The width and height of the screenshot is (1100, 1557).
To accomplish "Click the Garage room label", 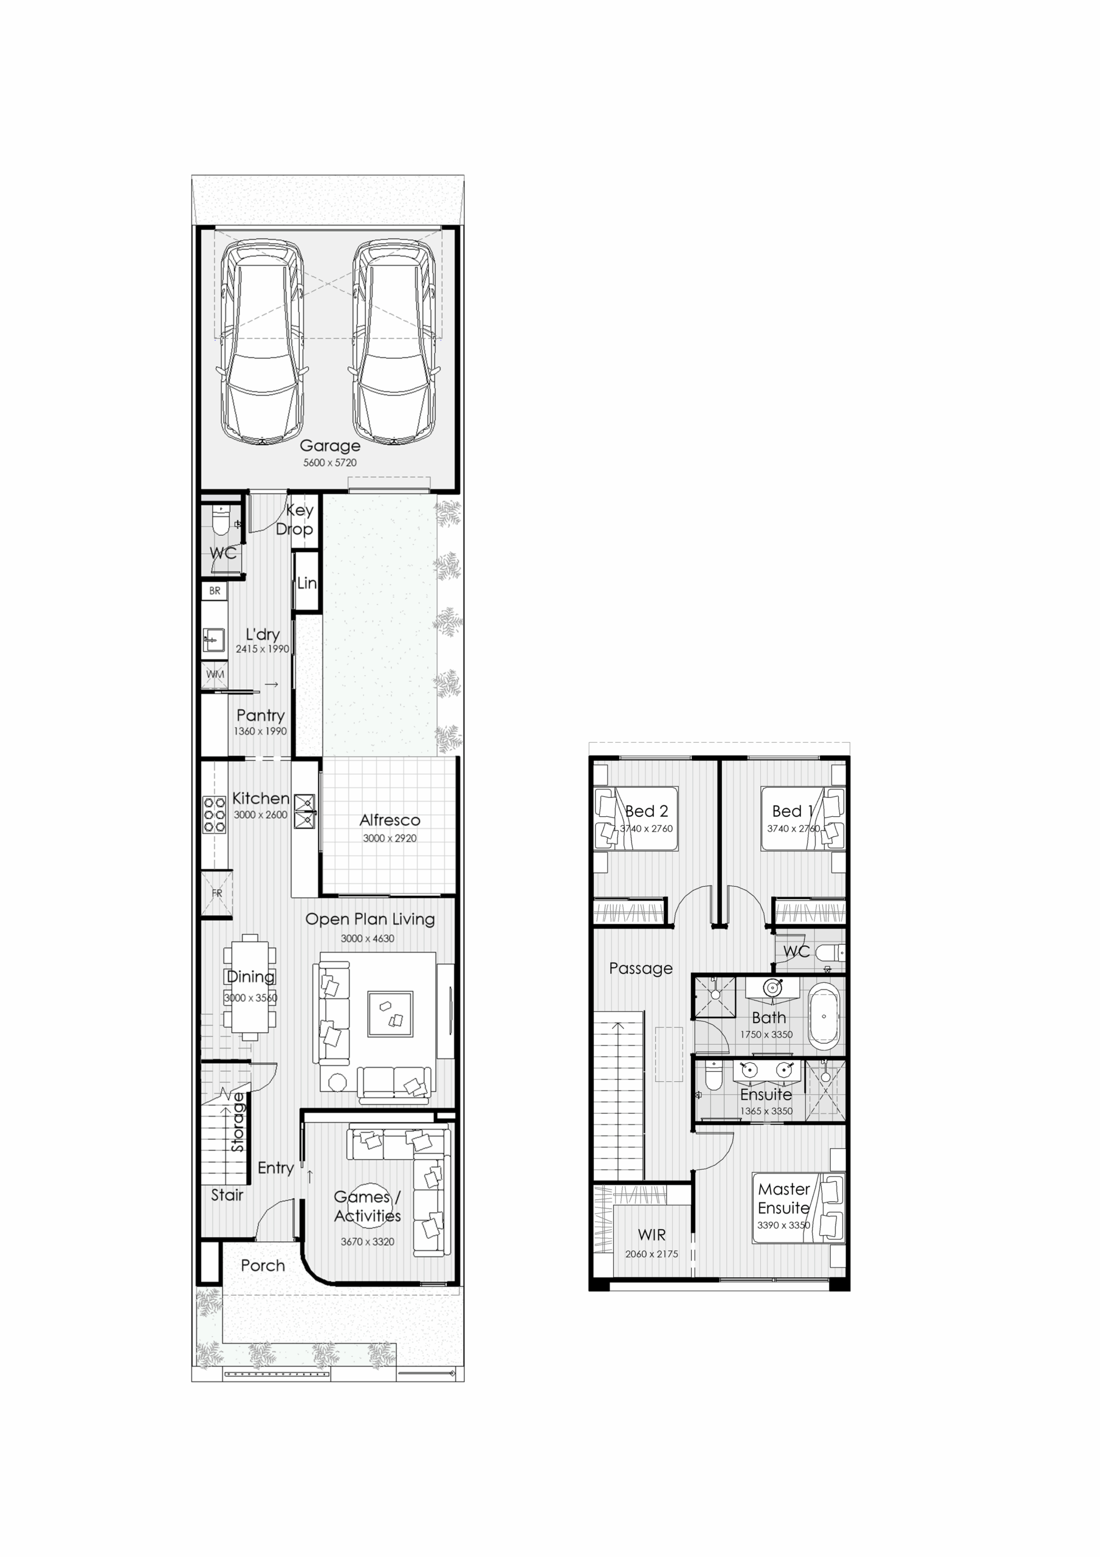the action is point(329,446).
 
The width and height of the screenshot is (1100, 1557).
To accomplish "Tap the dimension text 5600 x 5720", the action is point(329,462).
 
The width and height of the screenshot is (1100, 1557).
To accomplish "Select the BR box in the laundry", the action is point(215,591).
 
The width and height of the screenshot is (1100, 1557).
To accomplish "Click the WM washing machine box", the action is point(215,674).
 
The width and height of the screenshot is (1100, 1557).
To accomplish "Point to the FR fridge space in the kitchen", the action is point(217,893).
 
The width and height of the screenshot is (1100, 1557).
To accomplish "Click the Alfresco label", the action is point(390,820).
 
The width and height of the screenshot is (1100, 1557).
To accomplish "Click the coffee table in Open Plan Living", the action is point(390,1014).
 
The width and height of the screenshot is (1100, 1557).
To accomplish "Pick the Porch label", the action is point(263,1266).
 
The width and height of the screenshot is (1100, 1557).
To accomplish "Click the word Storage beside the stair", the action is point(237,1122).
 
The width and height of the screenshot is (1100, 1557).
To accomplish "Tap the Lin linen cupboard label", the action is point(306,583).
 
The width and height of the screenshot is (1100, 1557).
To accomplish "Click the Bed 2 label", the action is point(647,811).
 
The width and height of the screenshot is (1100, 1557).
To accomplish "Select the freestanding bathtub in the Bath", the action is point(824,1016).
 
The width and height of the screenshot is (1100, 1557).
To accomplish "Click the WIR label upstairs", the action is point(651,1235).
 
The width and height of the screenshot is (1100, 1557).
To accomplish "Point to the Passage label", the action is point(641,968).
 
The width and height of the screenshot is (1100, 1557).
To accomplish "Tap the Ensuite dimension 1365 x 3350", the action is point(766,1111).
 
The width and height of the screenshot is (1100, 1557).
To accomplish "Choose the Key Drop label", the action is point(295,519).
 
